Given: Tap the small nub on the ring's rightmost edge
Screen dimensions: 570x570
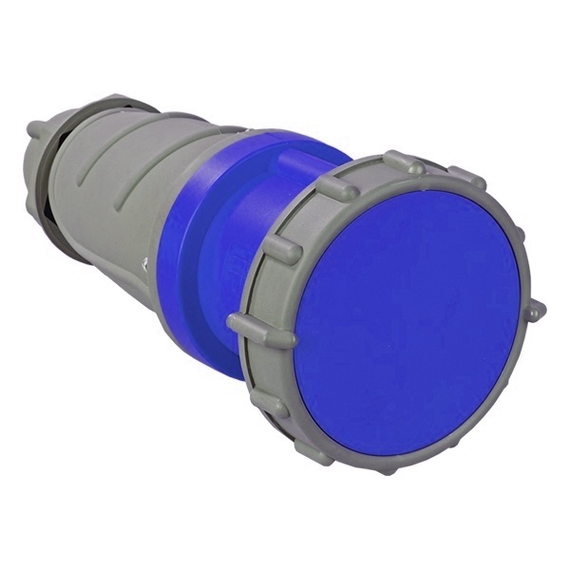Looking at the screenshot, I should (x=536, y=310).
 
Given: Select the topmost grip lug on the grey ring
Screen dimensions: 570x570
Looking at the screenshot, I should (x=403, y=162).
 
